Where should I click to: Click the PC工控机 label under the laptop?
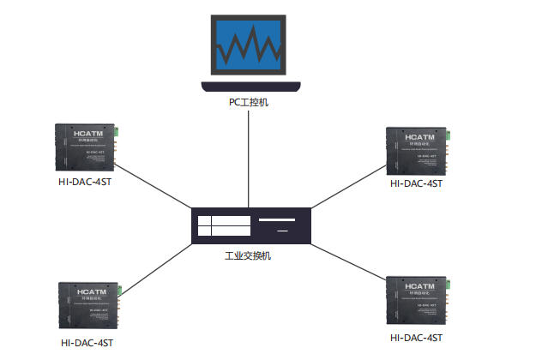click(249, 103)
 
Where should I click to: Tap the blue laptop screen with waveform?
click(249, 44)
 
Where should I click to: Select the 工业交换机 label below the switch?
click(248, 255)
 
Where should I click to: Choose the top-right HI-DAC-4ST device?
click(417, 148)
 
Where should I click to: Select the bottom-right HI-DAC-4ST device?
click(419, 300)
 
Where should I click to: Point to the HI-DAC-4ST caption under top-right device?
click(416, 183)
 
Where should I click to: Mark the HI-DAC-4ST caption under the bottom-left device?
click(87, 343)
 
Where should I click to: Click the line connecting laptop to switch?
click(249, 154)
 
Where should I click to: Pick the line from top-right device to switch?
click(347, 188)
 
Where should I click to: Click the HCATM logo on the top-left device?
click(88, 135)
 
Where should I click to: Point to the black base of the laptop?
click(249, 85)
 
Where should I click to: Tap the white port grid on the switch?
click(224, 225)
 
